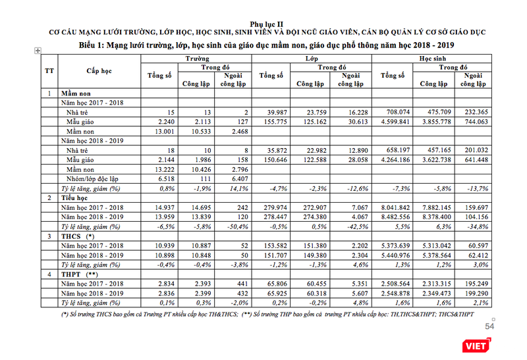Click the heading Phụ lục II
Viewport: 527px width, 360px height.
(x=263, y=23)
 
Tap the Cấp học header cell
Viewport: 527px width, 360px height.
(x=99, y=70)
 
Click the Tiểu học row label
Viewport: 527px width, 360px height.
(x=75, y=197)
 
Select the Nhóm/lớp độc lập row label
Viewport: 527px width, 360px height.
(x=91, y=178)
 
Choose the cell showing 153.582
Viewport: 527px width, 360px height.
(x=275, y=245)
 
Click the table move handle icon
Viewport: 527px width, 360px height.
(x=38, y=51)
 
